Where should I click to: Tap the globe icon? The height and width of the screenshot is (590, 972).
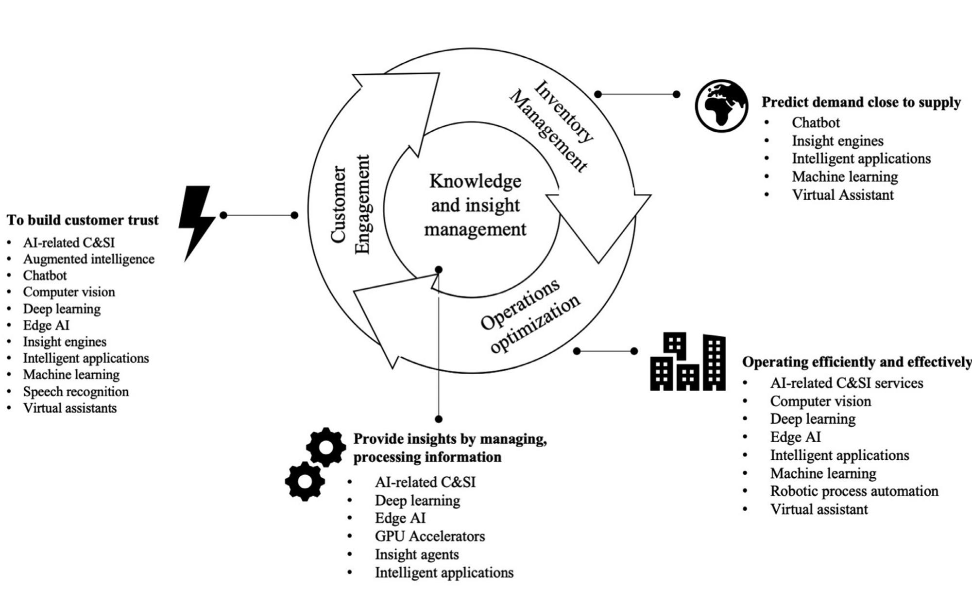(721, 105)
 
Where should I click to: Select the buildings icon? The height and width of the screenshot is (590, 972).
(688, 362)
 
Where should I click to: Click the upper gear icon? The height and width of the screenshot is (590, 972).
(326, 447)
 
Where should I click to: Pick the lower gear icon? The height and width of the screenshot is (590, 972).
(305, 481)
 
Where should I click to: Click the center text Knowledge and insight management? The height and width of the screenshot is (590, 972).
(475, 205)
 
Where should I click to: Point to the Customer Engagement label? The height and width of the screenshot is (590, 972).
(351, 204)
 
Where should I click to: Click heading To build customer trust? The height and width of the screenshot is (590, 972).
(83, 220)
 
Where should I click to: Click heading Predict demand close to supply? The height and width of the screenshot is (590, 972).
(861, 102)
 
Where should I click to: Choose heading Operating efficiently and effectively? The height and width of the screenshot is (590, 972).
(856, 362)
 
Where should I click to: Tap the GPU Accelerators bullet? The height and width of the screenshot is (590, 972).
(429, 536)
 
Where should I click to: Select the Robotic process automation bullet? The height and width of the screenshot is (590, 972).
(854, 491)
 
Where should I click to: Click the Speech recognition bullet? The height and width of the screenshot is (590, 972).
(76, 391)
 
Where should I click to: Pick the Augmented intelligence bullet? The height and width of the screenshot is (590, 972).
(88, 259)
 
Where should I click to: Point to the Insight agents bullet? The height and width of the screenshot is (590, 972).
(416, 554)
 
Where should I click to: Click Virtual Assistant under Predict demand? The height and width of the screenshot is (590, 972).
(842, 195)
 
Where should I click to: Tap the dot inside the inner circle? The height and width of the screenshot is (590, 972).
(439, 270)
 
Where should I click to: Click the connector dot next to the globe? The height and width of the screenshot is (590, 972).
(676, 94)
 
